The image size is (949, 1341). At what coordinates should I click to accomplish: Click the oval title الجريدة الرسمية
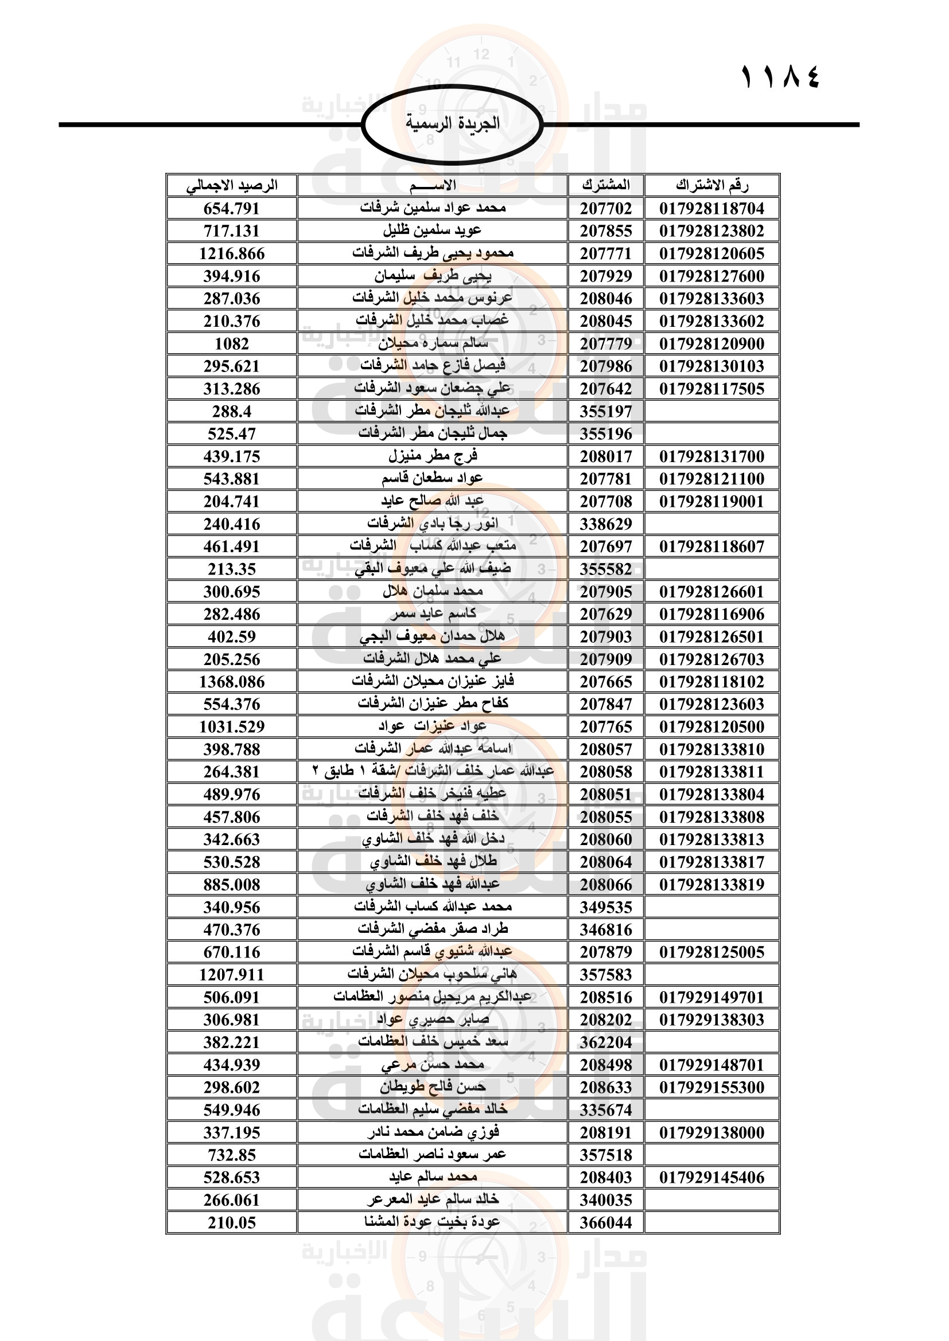pos(452,123)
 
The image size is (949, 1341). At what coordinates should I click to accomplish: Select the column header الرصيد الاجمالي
pos(231,186)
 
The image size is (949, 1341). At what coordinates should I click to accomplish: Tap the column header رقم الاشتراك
pos(711,186)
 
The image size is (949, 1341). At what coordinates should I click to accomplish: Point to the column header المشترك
pos(605,186)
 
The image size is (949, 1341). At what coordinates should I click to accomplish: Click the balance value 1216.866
pos(231,253)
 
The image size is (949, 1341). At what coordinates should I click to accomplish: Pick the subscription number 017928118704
pos(711,209)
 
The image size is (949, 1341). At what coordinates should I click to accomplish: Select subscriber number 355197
pos(605,412)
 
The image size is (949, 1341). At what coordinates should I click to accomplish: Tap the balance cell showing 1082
pos(231,344)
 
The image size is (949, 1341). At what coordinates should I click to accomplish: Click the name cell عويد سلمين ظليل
pos(433,230)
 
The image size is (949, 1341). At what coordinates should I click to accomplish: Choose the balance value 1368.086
pos(231,682)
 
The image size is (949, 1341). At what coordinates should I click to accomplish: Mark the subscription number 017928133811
pos(711,772)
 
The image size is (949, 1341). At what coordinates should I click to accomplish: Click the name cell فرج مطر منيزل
pos(433,456)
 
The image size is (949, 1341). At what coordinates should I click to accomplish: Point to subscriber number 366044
pos(605,1222)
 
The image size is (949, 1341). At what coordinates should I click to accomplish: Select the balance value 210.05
pos(231,1222)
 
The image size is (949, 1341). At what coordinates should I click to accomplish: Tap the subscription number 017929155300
pos(711,1088)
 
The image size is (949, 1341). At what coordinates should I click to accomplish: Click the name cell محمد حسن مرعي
pos(433,1065)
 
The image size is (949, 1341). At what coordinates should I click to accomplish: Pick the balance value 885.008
pos(231,885)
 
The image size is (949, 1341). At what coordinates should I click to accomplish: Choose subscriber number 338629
pos(605,524)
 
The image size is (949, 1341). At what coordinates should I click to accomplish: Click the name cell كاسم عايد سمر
pos(433,614)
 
